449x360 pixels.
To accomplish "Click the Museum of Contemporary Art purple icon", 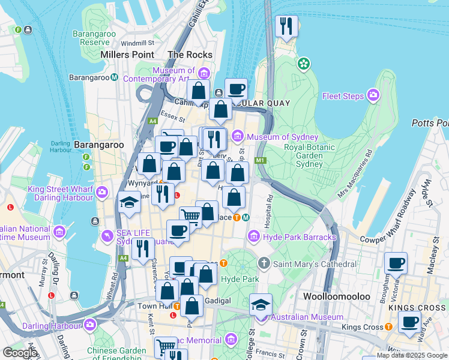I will pos(203,74).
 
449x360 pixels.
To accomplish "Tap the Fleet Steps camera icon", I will pos(374,95).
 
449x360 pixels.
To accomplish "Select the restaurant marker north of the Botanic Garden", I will pos(286,26).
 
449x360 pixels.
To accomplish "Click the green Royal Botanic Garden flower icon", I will pos(304,63).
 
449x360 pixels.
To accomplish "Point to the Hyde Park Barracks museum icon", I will pos(253,237).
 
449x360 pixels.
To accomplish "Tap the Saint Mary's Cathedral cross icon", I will pos(264,263).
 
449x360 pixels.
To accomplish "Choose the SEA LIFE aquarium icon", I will pos(107,236).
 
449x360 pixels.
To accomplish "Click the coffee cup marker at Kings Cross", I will pos(410,323).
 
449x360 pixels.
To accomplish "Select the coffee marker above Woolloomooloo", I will pos(396,263).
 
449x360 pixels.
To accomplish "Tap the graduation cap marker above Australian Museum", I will pos(260,304).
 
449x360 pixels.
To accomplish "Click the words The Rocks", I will pos(190,55).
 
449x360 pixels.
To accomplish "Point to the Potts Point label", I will pos(430,123).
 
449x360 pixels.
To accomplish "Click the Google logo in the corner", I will pos(20,352).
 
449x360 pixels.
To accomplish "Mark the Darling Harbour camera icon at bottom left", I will pos(90,325).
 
